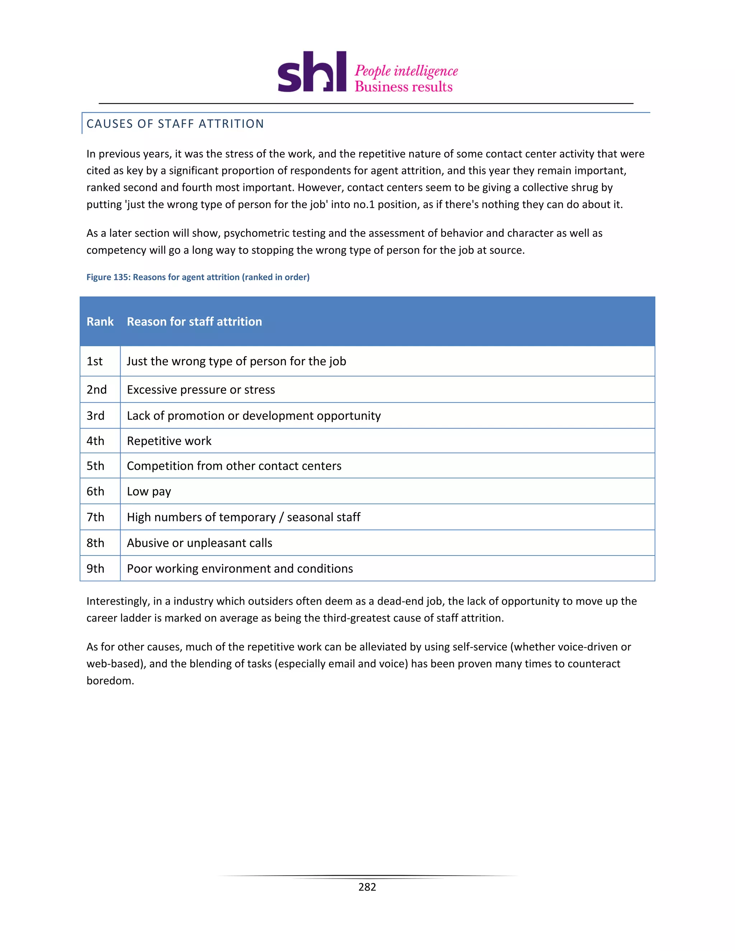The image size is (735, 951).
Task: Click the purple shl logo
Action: click(x=312, y=72)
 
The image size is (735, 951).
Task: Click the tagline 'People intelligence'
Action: click(x=406, y=71)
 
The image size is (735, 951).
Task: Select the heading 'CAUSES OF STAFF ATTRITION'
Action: click(x=175, y=124)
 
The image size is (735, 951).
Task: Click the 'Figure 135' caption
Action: click(x=198, y=277)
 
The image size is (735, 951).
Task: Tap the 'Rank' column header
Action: click(x=100, y=322)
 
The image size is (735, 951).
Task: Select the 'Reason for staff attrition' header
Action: click(x=194, y=322)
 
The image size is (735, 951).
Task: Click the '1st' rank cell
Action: click(x=94, y=361)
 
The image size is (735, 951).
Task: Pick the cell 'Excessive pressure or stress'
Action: click(x=201, y=390)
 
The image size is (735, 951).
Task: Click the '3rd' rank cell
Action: click(x=95, y=416)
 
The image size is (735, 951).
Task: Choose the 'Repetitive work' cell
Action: click(x=169, y=441)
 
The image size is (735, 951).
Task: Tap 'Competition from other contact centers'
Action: click(x=234, y=466)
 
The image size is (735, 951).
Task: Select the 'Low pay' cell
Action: click(x=149, y=492)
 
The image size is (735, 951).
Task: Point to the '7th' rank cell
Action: click(x=95, y=517)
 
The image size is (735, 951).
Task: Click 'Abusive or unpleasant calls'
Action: click(x=200, y=543)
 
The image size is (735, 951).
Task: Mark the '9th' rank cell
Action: click(x=95, y=569)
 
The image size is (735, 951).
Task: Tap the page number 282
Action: click(x=367, y=887)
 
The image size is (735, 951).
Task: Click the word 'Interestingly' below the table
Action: click(x=118, y=601)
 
